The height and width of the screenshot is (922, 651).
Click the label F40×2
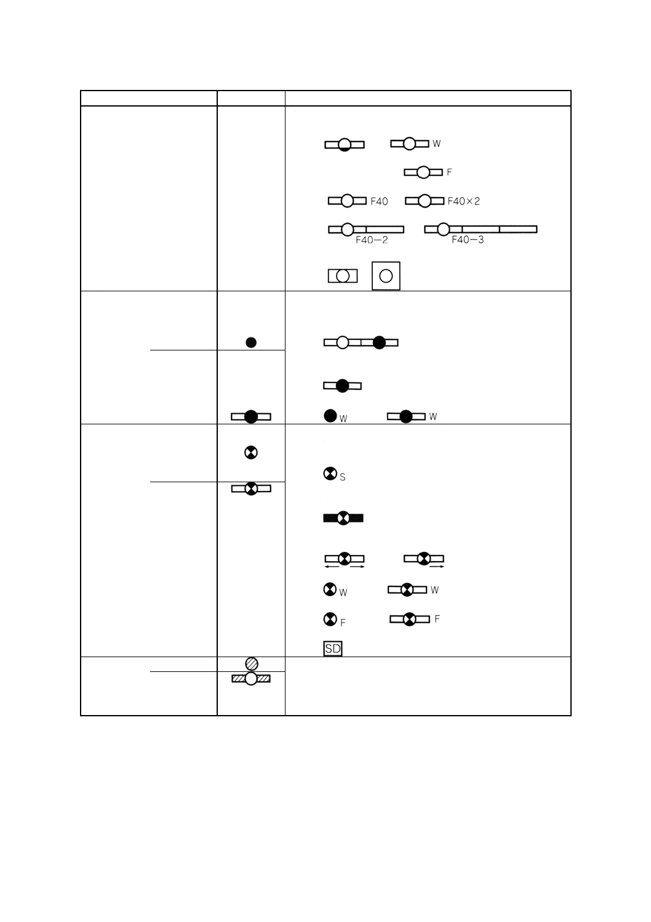(463, 201)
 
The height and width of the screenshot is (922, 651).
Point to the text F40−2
(372, 240)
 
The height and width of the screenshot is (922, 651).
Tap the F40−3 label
(468, 240)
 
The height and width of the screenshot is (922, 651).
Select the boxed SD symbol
(333, 649)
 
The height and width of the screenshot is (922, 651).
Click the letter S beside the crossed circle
(343, 477)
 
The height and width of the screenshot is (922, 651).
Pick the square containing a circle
(386, 276)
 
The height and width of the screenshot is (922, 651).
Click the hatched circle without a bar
(251, 664)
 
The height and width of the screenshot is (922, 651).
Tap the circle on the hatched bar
(251, 679)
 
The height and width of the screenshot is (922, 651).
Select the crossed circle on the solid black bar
(343, 518)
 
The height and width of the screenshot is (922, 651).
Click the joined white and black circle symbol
(361, 342)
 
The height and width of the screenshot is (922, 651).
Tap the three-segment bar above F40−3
(481, 230)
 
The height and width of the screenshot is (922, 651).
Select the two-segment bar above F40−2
(366, 230)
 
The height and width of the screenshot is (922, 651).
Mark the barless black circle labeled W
(330, 416)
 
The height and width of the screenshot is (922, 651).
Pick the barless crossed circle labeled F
(330, 618)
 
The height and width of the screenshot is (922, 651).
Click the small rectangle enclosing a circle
(343, 276)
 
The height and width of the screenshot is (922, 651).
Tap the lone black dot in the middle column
(251, 342)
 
